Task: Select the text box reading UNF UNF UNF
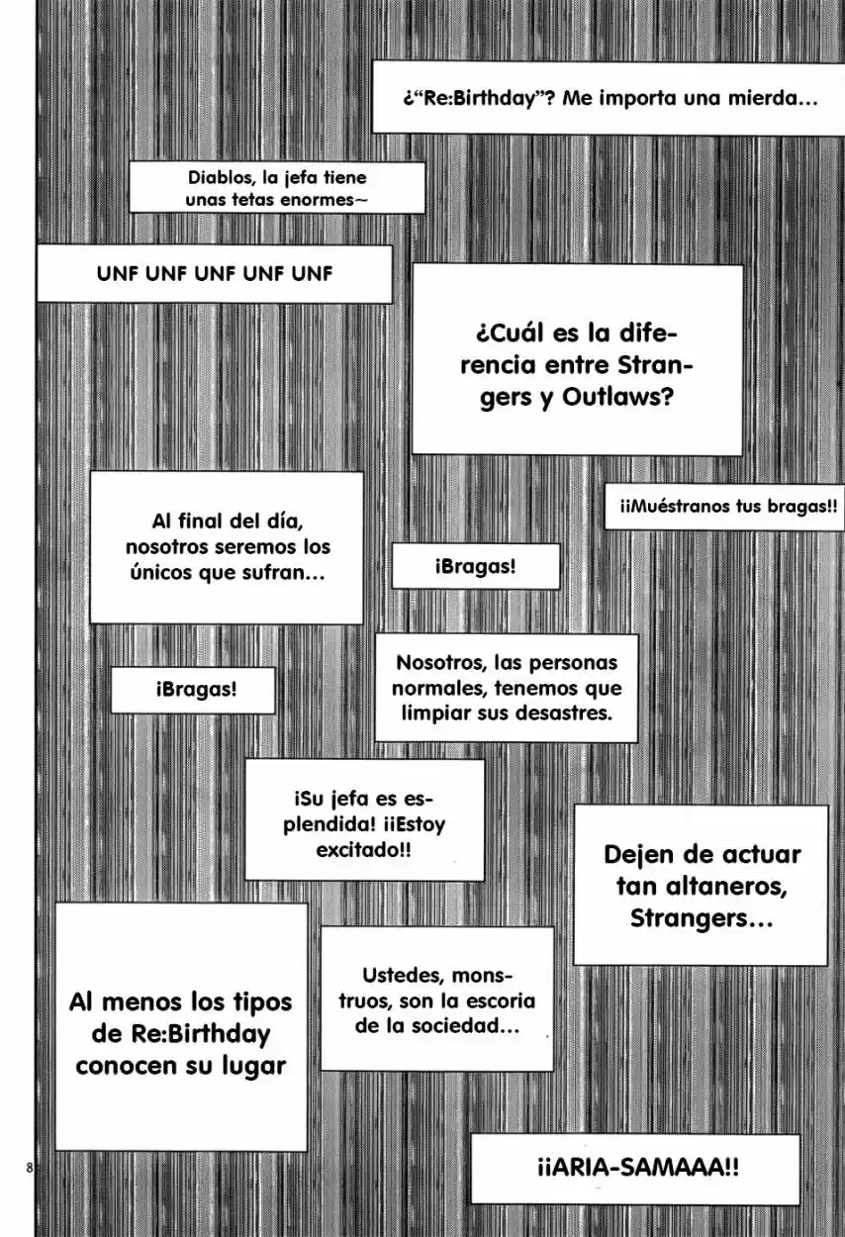215,274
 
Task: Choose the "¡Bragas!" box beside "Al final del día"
476,566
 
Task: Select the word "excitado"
363,850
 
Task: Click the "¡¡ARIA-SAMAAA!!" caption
635,1169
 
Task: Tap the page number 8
30,1168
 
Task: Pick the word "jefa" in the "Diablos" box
302,178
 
